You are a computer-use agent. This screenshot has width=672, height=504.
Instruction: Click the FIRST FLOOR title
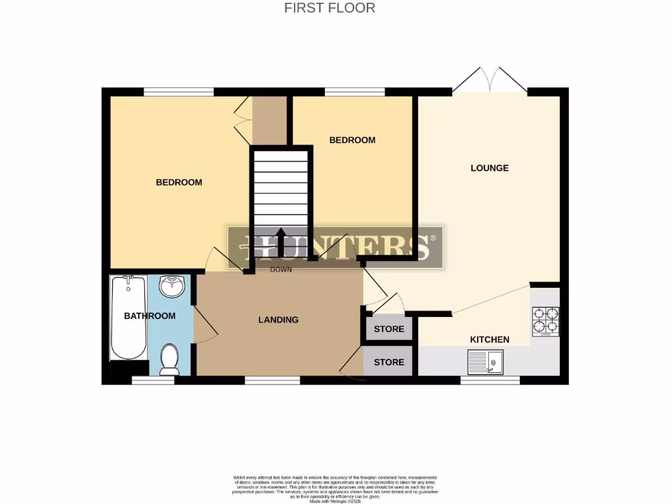[329, 8]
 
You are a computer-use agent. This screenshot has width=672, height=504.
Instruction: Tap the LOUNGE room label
[490, 168]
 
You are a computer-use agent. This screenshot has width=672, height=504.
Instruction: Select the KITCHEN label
[490, 339]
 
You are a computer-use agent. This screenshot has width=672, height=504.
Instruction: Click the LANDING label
[278, 320]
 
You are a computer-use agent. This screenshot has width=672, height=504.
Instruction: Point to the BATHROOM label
[150, 316]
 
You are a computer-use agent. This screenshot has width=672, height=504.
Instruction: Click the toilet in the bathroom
[170, 360]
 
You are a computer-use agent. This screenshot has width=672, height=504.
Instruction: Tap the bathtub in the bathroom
[129, 318]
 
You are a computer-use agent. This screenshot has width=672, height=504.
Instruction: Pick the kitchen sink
[485, 362]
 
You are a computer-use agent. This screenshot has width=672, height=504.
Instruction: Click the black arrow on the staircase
[280, 241]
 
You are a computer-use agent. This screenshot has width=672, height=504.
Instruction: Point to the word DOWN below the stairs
[281, 269]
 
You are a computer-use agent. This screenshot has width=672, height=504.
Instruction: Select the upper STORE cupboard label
[389, 329]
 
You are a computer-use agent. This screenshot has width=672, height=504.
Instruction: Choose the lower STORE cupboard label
[389, 362]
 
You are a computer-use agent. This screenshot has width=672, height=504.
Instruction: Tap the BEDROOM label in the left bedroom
[178, 182]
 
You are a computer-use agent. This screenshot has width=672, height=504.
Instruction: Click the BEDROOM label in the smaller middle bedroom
[352, 140]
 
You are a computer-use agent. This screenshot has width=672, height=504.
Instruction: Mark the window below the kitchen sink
[490, 380]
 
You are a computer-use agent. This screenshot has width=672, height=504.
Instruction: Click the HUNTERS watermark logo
[335, 247]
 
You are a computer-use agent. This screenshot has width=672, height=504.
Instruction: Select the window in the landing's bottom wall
[272, 380]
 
